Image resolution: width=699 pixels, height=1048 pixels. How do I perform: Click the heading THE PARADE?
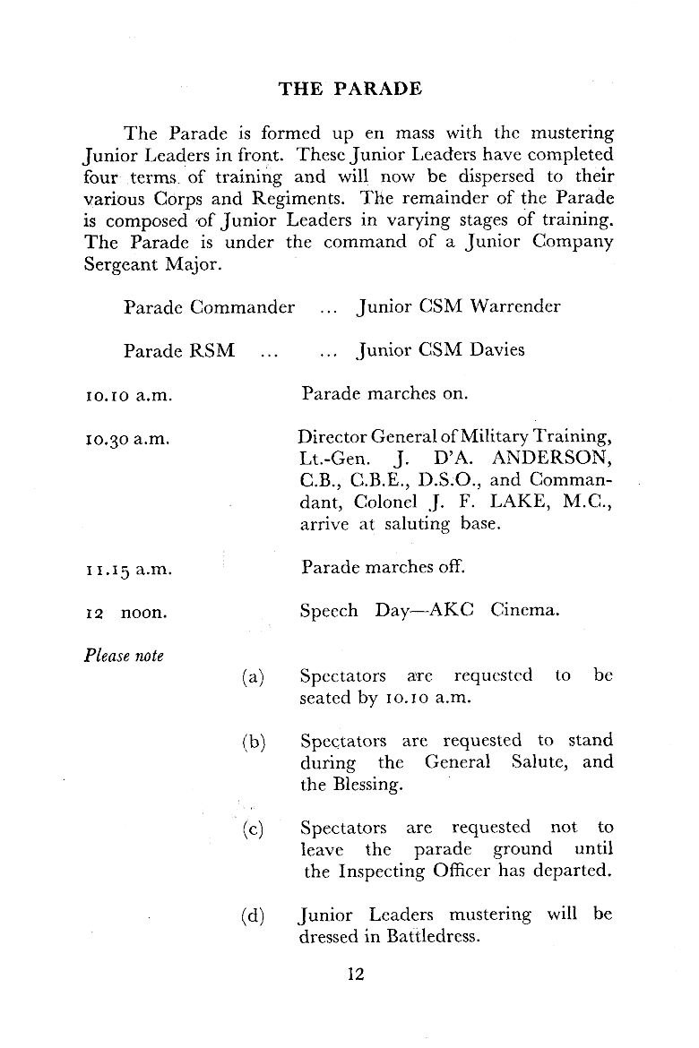[x=349, y=89]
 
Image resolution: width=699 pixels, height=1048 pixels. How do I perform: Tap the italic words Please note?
[x=124, y=656]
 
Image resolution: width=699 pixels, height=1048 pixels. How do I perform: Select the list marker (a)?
[x=254, y=677]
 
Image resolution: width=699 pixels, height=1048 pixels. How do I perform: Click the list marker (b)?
[x=254, y=743]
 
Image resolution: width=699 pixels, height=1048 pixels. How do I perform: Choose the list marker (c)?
[x=254, y=829]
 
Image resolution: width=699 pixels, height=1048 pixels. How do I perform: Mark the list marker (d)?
[x=254, y=916]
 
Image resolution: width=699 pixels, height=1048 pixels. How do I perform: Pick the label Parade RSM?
[x=179, y=350]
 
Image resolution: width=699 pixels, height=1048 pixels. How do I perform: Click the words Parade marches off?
[x=384, y=568]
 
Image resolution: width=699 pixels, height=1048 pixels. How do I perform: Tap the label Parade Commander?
[x=209, y=306]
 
